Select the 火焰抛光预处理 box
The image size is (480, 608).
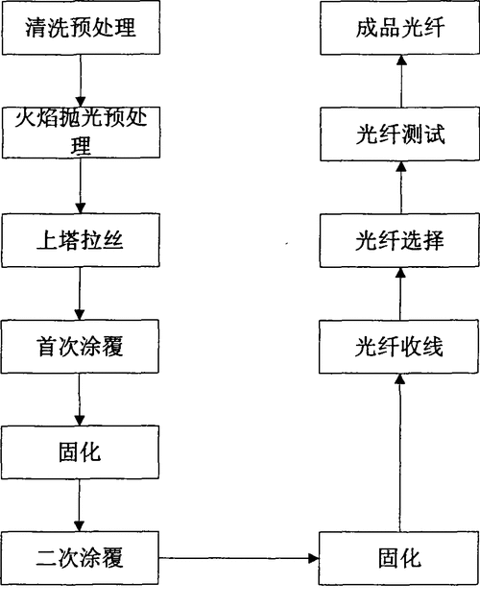click(x=80, y=133)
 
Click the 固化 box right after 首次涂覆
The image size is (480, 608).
click(x=80, y=450)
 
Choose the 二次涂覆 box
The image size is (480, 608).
click(x=80, y=557)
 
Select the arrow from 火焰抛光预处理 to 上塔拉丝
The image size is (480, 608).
click(x=80, y=186)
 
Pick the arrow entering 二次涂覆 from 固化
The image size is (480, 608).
click(x=80, y=503)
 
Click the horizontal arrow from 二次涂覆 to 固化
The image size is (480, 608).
click(x=239, y=557)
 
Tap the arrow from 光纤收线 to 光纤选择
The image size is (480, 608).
click(x=402, y=293)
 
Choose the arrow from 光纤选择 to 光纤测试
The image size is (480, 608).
click(x=402, y=187)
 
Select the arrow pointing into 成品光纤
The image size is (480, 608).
click(x=402, y=80)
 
